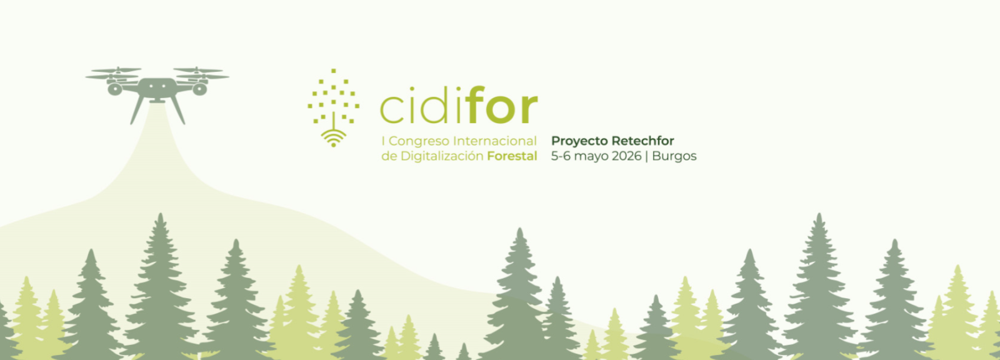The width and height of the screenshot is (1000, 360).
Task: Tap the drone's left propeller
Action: (x=114, y=72)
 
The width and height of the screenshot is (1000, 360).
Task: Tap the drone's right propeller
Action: (x=200, y=72)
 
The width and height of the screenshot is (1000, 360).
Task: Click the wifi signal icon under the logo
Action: (x=334, y=138)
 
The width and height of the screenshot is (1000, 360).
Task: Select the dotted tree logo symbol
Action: (x=334, y=100)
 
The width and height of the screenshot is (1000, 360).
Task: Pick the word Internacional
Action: (x=495, y=141)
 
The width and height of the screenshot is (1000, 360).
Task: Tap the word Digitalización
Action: (x=442, y=156)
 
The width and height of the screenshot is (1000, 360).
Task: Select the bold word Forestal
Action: (x=512, y=156)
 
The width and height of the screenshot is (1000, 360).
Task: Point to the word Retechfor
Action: (x=643, y=141)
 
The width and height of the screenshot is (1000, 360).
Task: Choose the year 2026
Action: (x=626, y=156)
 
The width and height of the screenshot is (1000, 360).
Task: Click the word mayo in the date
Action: (x=591, y=157)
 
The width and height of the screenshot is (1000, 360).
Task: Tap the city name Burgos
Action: (x=674, y=157)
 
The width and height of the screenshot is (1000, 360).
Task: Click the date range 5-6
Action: (x=561, y=156)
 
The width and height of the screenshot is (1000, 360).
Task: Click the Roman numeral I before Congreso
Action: (x=383, y=141)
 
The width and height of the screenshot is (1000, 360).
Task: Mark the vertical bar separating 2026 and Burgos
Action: (x=647, y=156)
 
